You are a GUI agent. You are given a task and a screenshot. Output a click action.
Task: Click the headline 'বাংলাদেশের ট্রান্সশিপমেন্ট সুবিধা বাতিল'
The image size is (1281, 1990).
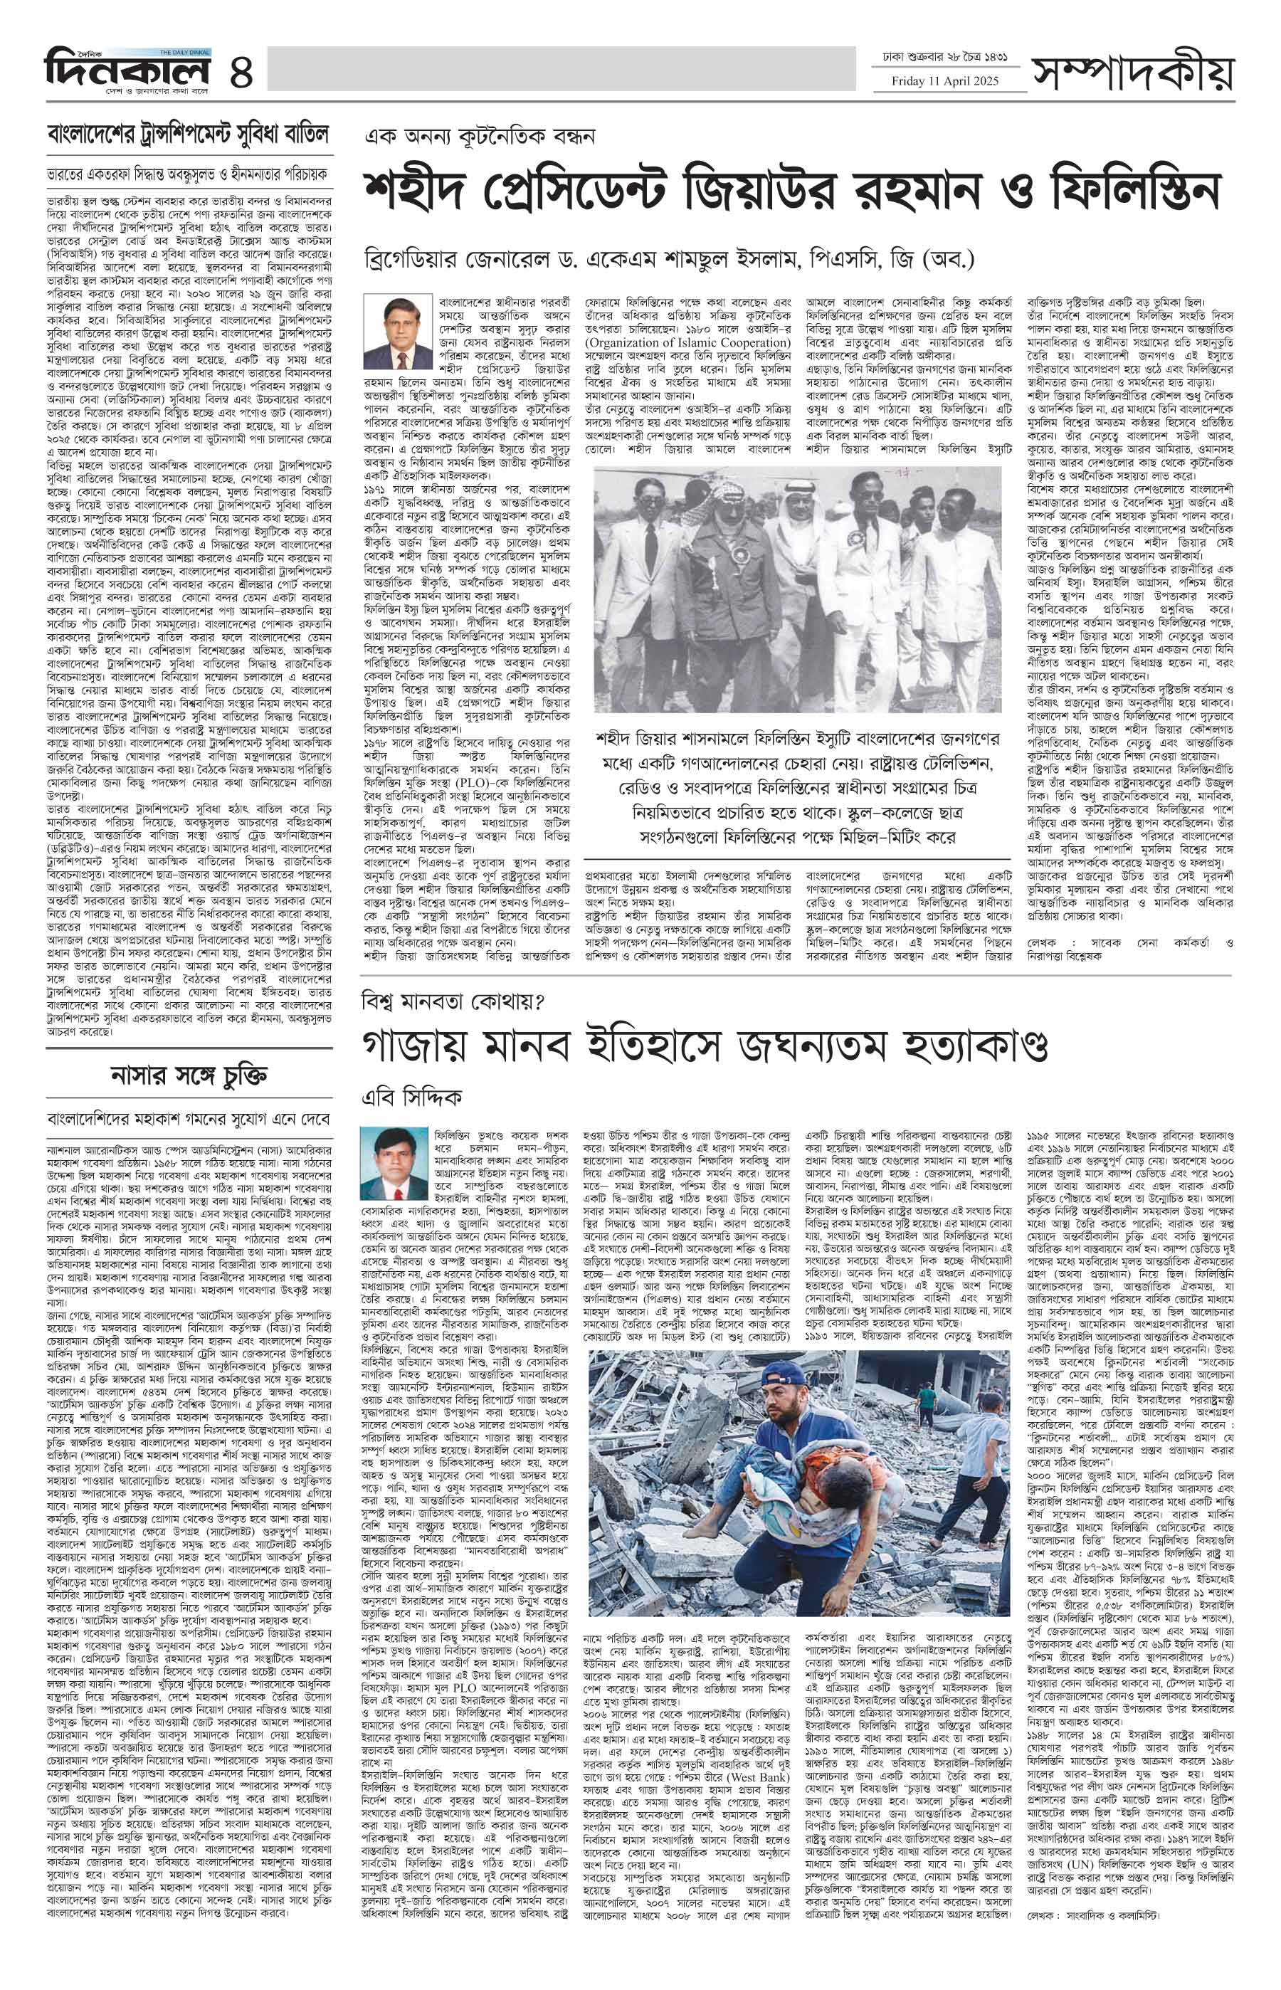coord(188,133)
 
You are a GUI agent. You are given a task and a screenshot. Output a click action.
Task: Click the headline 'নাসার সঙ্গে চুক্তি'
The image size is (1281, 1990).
coord(189,1075)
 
